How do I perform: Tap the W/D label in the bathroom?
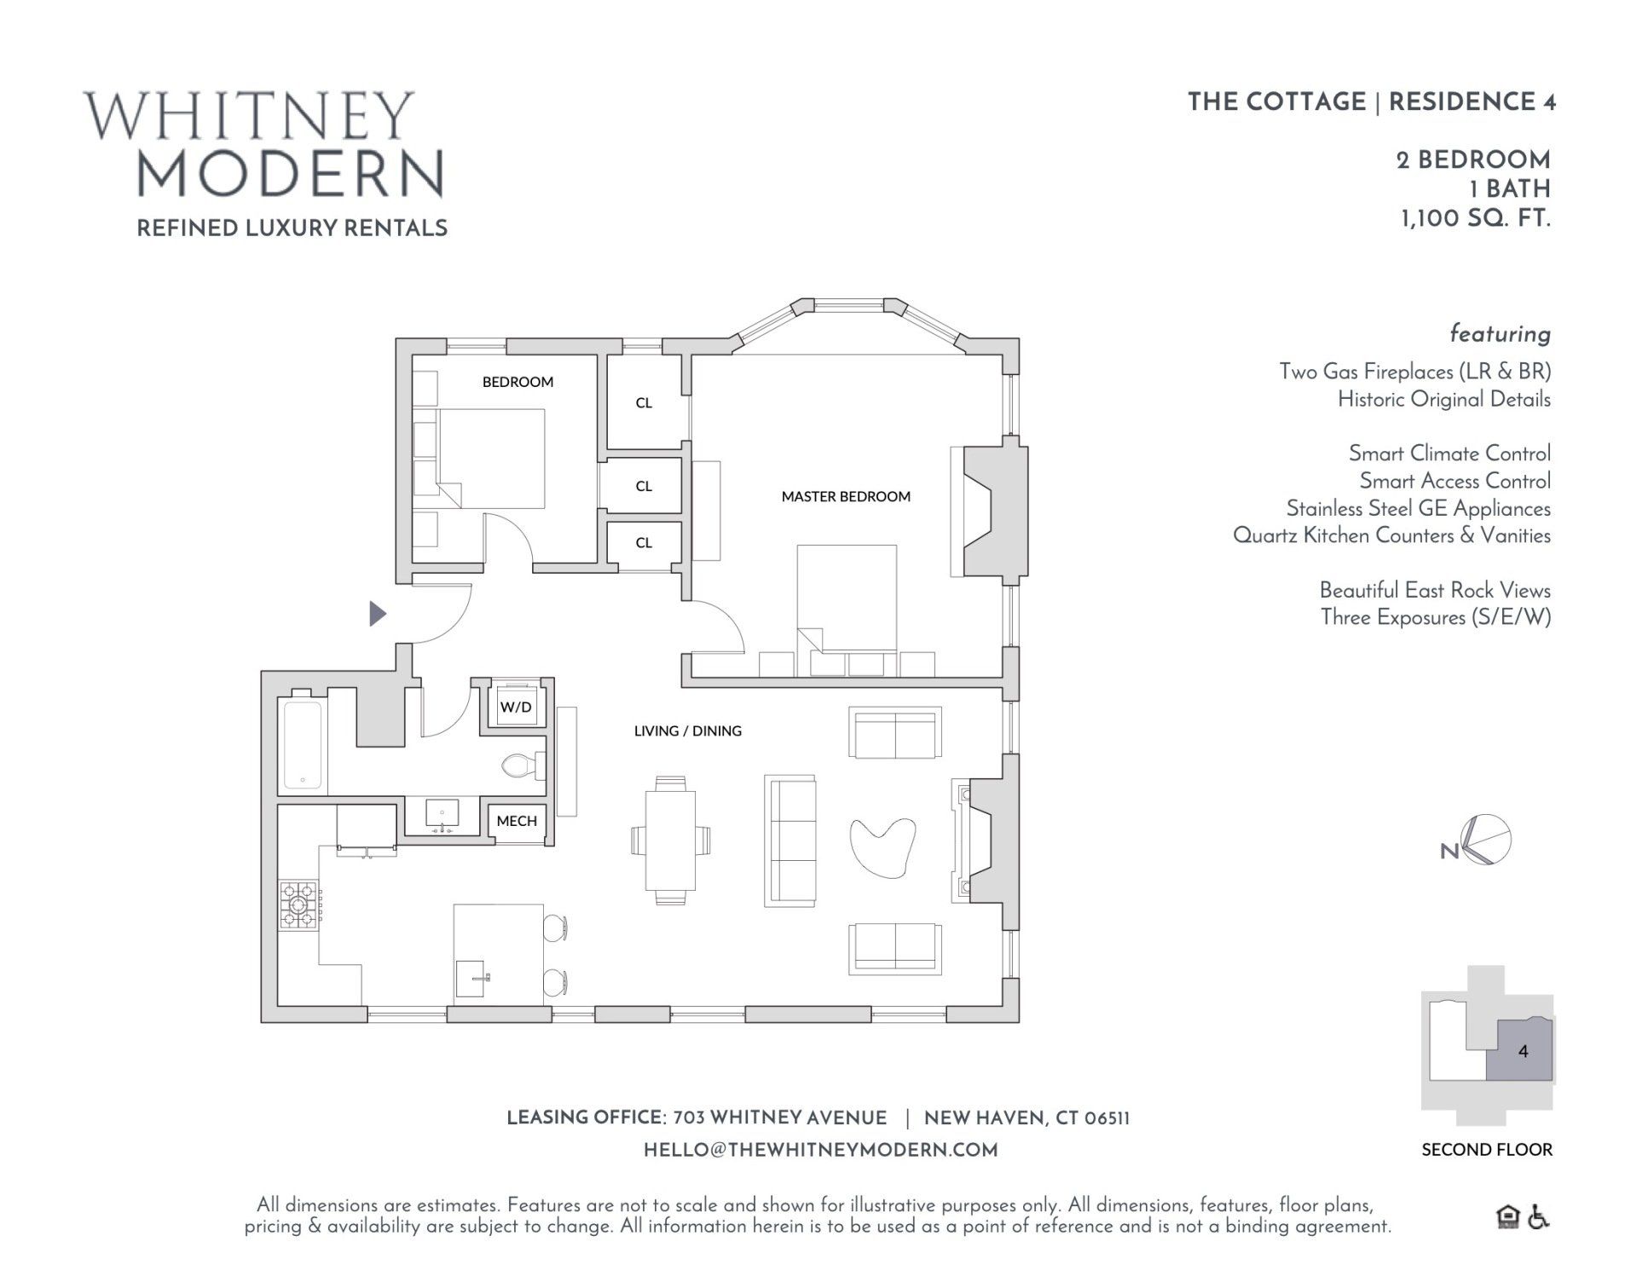516,708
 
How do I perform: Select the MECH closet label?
517,821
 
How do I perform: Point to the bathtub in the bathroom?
302,743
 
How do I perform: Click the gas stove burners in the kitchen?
298,904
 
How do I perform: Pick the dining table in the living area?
670,840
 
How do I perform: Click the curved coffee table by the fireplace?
882,845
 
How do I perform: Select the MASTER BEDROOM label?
846,496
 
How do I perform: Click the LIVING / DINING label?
687,731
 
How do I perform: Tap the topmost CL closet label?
644,402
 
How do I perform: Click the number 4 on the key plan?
1524,1051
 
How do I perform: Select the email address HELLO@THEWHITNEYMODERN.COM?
820,1150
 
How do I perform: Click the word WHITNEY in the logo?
250,117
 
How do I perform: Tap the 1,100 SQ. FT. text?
1475,219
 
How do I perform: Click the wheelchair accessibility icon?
1538,1217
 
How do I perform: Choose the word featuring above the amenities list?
1500,333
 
